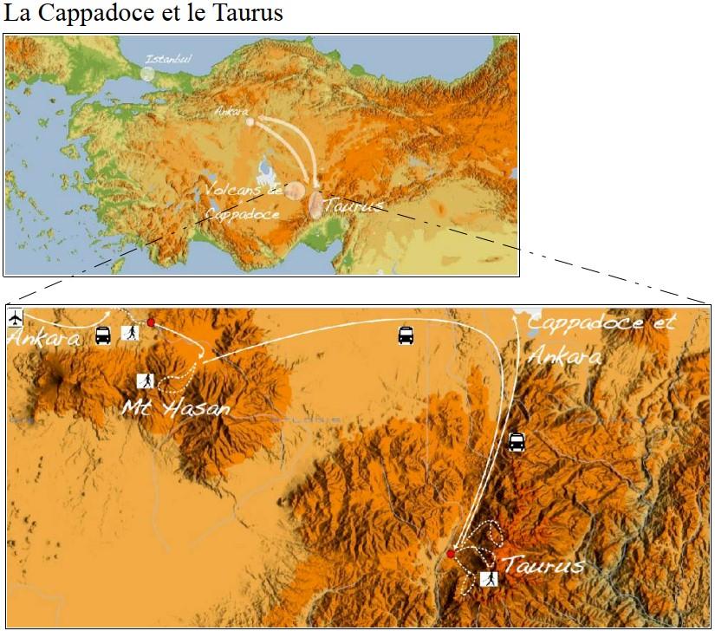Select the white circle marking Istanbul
coord(147,73)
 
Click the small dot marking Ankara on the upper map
coord(250,122)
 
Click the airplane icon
coord(16,315)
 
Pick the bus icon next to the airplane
coord(102,335)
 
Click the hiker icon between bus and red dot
coord(131,332)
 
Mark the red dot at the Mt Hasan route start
coord(151,322)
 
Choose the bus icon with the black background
coord(516,442)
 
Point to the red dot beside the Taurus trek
coord(451,554)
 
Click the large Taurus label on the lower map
coord(543,565)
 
